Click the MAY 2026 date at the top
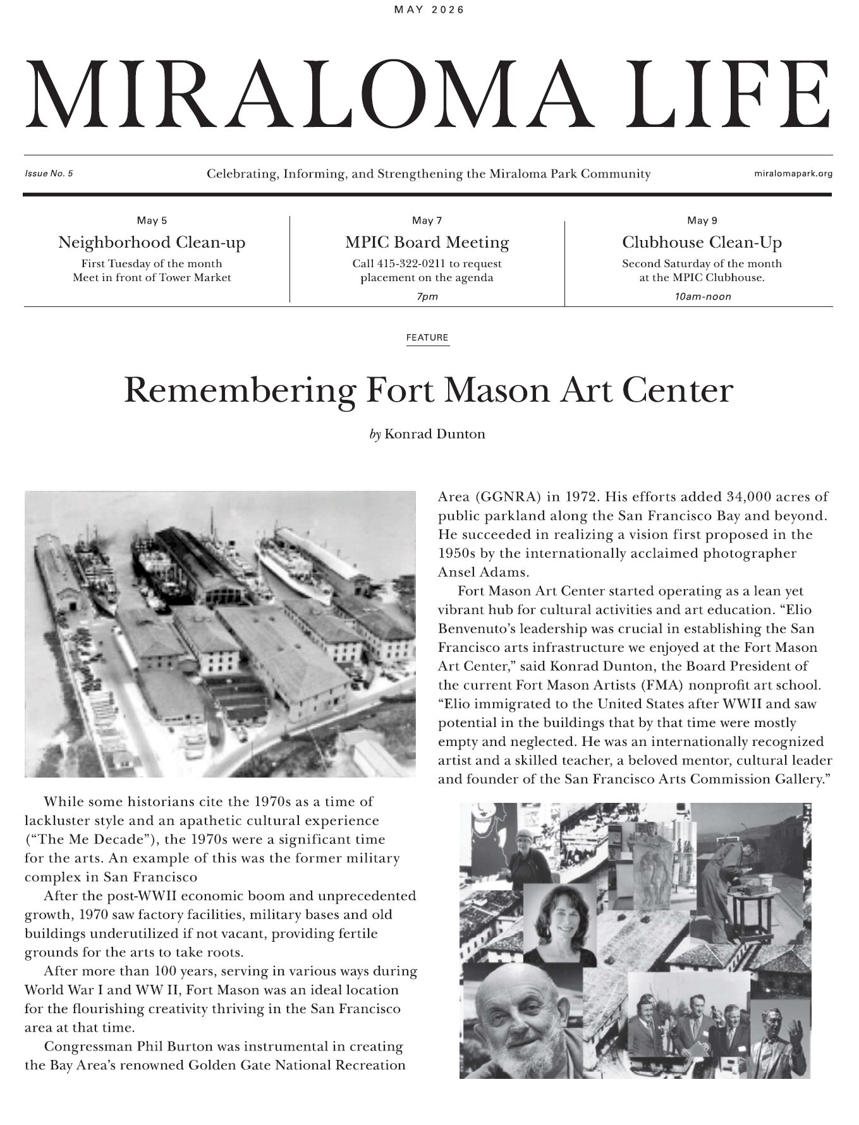[x=429, y=9]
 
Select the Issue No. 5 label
[x=49, y=174]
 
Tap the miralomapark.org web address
[x=793, y=174]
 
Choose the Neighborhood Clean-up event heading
[x=152, y=243]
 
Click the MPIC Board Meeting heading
[x=427, y=243]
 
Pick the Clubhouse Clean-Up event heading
[x=702, y=243]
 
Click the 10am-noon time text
[x=703, y=296]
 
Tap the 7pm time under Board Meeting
[x=427, y=296]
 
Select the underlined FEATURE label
[x=427, y=338]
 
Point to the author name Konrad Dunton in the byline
[x=435, y=434]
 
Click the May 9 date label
[x=702, y=220]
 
